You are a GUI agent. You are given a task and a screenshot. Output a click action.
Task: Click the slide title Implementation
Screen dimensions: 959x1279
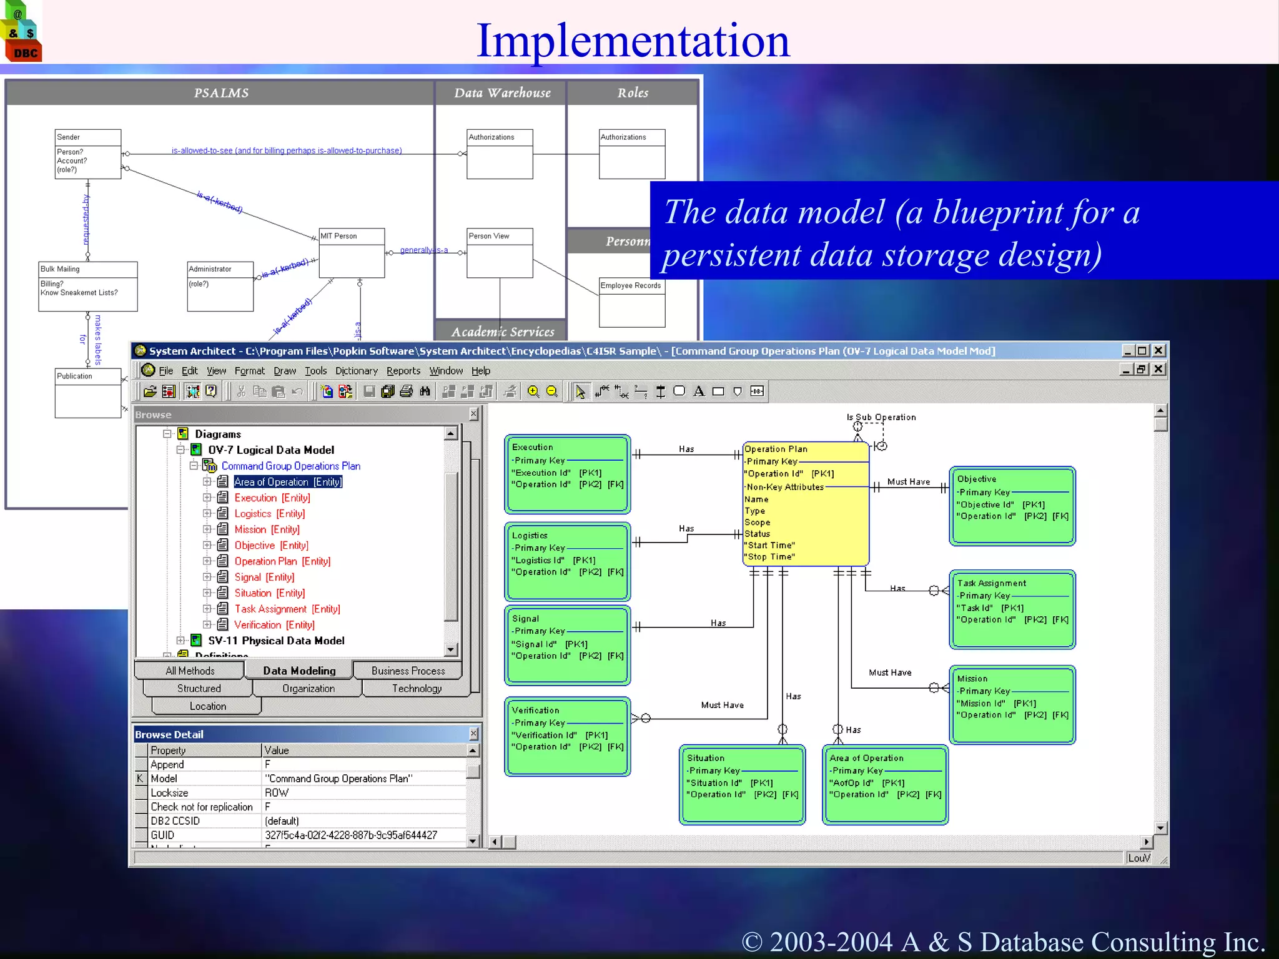tap(633, 41)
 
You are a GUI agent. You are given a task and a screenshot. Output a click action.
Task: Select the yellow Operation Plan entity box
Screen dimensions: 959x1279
tap(805, 503)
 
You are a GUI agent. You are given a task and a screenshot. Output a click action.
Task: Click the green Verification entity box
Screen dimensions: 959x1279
tap(567, 737)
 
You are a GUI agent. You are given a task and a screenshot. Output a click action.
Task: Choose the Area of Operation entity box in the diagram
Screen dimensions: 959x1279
tap(885, 785)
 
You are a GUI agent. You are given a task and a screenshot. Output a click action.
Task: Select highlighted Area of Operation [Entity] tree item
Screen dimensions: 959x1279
tap(288, 482)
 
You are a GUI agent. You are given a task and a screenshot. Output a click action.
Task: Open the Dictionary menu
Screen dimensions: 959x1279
tap(356, 371)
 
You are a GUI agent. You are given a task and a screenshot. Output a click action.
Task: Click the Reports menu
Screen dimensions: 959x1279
tap(403, 371)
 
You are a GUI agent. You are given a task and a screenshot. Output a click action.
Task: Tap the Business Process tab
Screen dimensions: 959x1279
tap(408, 671)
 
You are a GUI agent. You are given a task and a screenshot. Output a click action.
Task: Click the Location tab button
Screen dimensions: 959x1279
tap(207, 706)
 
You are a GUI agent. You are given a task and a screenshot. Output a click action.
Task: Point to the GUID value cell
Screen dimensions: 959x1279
tap(351, 835)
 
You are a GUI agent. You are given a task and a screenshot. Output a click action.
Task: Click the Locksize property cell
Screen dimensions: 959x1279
tap(169, 792)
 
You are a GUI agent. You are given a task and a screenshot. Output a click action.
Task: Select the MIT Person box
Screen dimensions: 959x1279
tap(352, 252)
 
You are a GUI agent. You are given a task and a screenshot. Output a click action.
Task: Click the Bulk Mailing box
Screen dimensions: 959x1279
tap(88, 287)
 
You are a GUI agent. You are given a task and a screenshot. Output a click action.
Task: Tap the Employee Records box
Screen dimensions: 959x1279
tap(631, 302)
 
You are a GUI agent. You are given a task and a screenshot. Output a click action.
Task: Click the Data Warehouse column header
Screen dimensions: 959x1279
tap(502, 93)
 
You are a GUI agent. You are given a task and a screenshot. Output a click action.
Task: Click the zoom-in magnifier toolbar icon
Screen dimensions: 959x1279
tap(533, 391)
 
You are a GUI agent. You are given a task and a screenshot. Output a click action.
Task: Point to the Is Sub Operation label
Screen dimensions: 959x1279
tap(881, 417)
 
